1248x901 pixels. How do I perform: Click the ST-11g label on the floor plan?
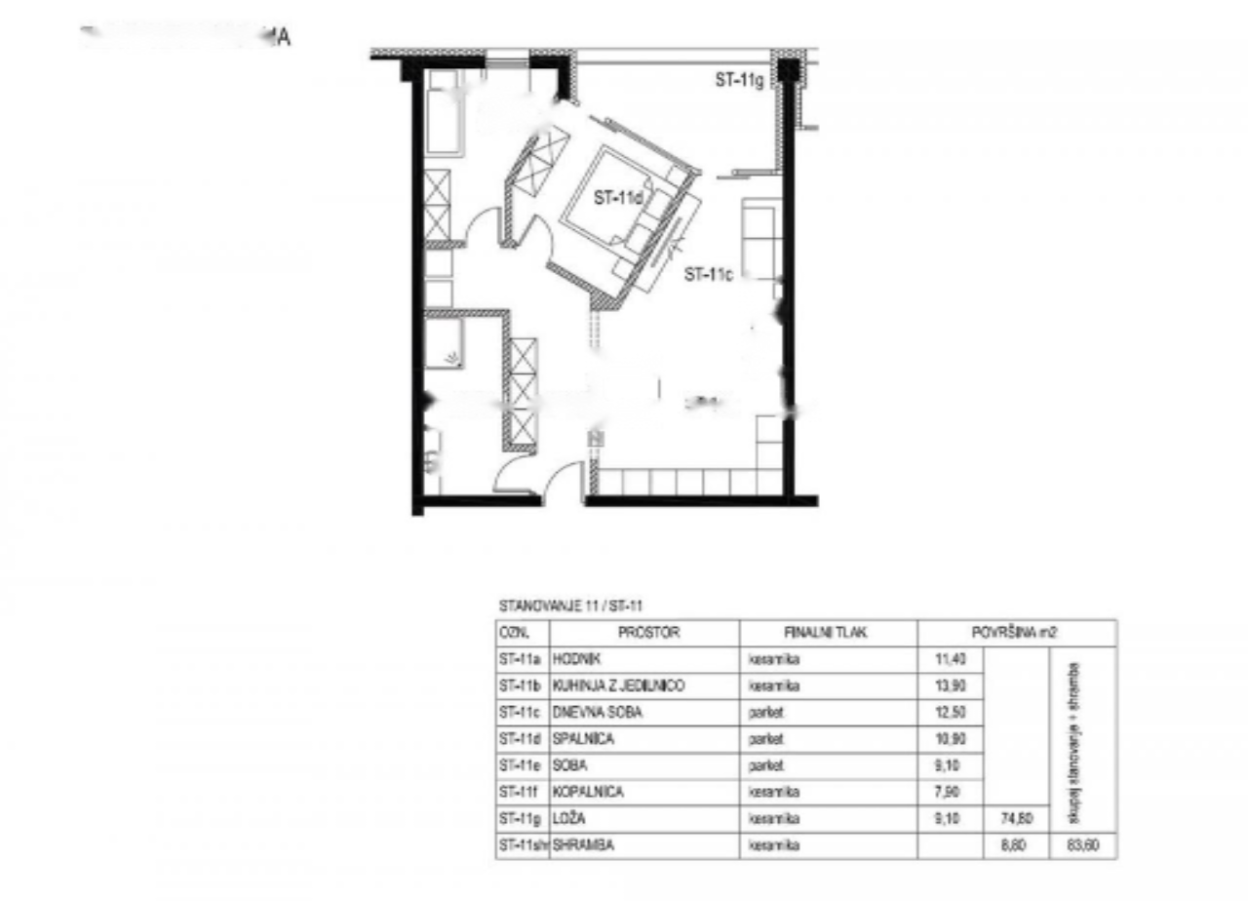pyautogui.click(x=739, y=82)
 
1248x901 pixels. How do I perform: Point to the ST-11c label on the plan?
pyautogui.click(x=709, y=275)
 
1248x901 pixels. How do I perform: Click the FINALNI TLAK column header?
pyautogui.click(x=827, y=633)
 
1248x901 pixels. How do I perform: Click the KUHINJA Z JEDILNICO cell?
pyautogui.click(x=618, y=686)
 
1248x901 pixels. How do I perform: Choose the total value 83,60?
pyautogui.click(x=1085, y=846)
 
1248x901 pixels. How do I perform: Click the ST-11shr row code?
pyautogui.click(x=523, y=846)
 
